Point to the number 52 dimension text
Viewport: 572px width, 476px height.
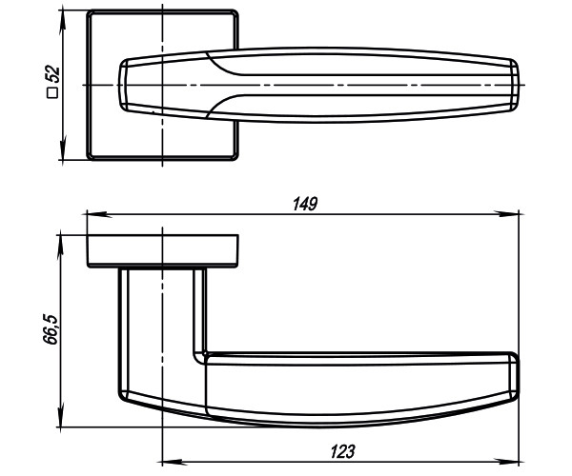click(54, 77)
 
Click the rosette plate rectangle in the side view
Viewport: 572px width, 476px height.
click(163, 249)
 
